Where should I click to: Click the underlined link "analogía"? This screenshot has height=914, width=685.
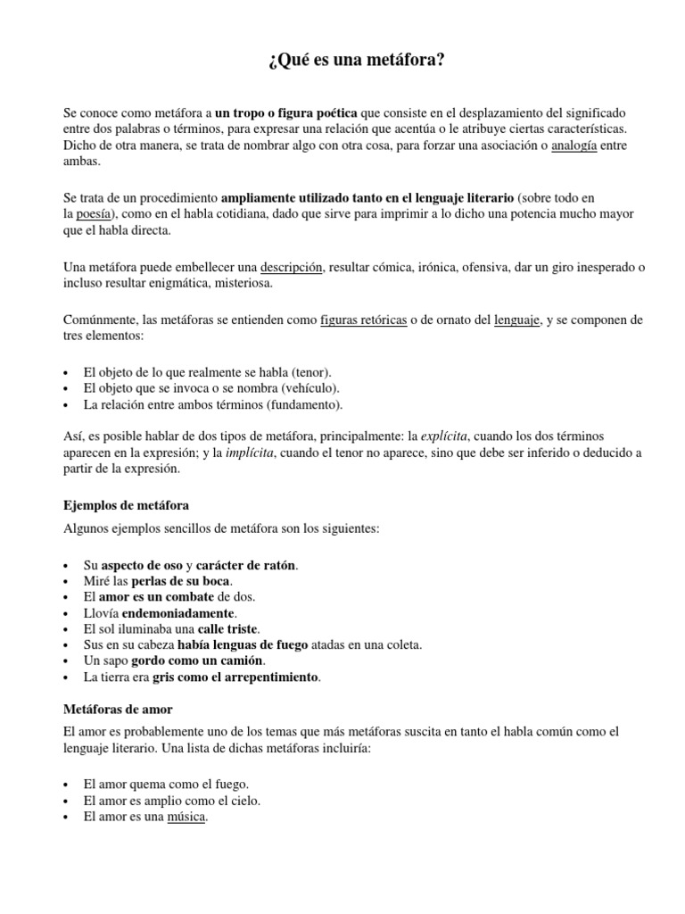574,145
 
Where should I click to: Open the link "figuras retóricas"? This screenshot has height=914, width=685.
363,320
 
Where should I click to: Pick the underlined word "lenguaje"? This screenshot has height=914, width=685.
517,320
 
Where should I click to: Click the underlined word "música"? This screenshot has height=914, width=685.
186,818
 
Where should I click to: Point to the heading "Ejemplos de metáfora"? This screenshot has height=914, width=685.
126,505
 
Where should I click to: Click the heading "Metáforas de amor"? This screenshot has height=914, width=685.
119,709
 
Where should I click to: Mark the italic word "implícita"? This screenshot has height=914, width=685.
247,453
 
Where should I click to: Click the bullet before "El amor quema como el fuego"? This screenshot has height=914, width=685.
68,785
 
